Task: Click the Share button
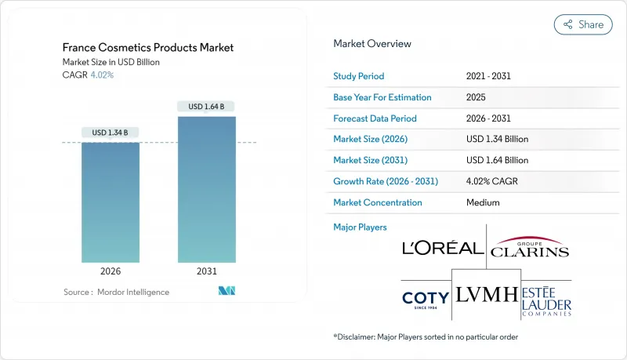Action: tap(583, 24)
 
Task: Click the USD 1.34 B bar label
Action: tap(111, 132)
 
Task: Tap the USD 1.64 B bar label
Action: tap(207, 106)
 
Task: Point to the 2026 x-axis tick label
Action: tap(111, 271)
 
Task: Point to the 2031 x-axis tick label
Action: tap(207, 271)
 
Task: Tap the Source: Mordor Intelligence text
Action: tap(116, 292)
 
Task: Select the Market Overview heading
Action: tap(371, 43)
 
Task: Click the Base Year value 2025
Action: tap(475, 97)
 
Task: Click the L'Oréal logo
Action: tap(442, 248)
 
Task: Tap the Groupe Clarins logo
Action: tap(530, 247)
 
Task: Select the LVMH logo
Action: tap(486, 295)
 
